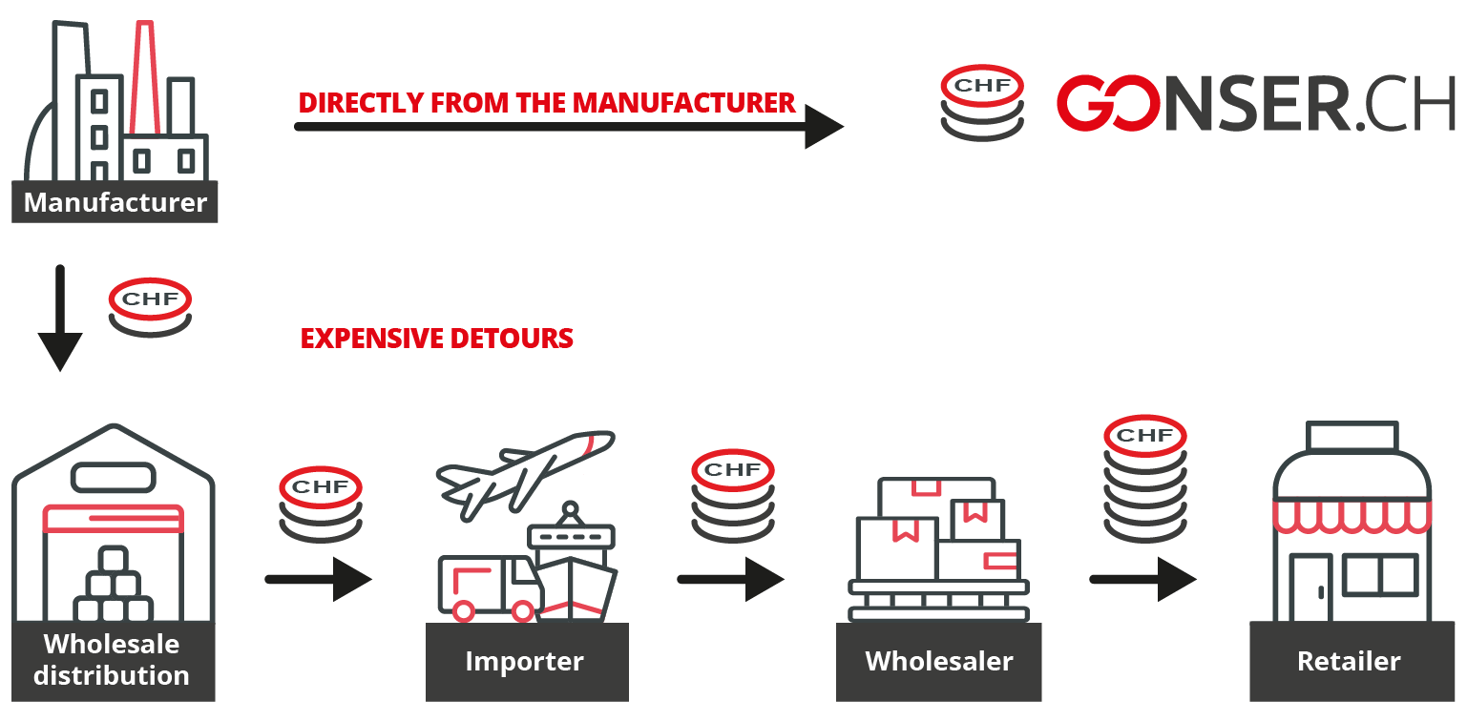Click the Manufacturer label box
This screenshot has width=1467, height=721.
pyautogui.click(x=115, y=202)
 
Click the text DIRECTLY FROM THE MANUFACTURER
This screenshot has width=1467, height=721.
pyautogui.click(x=546, y=103)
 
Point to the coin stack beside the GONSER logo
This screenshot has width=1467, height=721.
pyautogui.click(x=982, y=104)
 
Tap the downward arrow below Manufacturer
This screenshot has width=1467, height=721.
pyautogui.click(x=60, y=319)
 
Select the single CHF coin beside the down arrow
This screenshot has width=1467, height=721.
pyautogui.click(x=150, y=307)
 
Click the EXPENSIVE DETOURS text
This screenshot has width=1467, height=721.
pyautogui.click(x=436, y=339)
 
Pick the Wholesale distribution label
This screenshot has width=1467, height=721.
pyautogui.click(x=113, y=660)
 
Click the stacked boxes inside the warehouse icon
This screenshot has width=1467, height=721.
pyautogui.click(x=114, y=586)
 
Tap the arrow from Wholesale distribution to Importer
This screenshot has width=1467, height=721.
pyautogui.click(x=317, y=578)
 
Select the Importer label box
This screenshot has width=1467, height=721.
pyautogui.click(x=525, y=662)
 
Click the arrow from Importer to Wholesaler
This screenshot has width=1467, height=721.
pyautogui.click(x=730, y=578)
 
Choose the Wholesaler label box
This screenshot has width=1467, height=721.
pyautogui.click(x=938, y=662)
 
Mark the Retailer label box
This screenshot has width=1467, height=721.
pyautogui.click(x=1349, y=662)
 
